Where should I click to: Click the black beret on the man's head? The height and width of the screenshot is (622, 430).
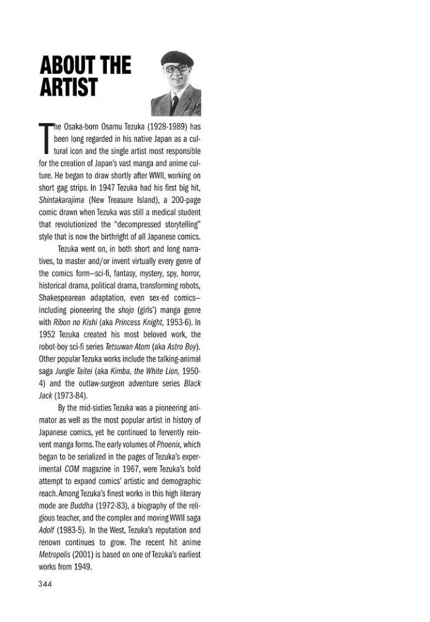click(x=177, y=59)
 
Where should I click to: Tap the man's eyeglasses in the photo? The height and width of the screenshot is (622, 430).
click(x=175, y=69)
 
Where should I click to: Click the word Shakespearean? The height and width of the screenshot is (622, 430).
click(x=64, y=297)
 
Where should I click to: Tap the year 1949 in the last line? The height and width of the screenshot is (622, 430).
click(x=81, y=566)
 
